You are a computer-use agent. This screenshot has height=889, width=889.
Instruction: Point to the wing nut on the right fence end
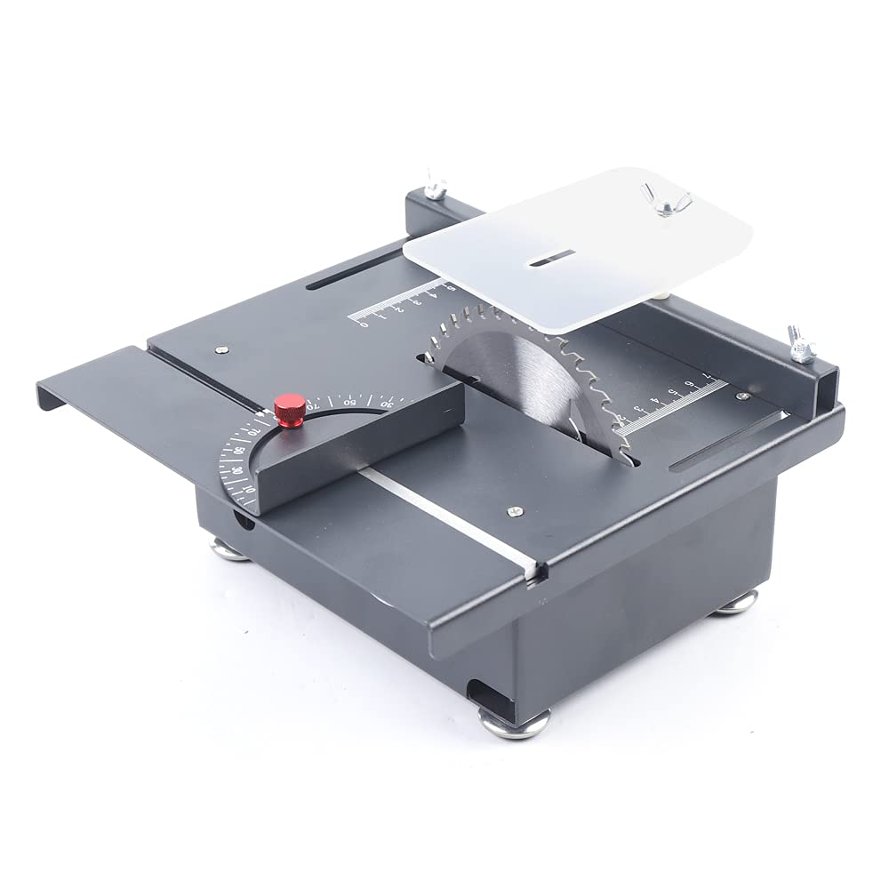pyautogui.click(x=801, y=344)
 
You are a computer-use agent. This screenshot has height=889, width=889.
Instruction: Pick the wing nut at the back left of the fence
pyautogui.click(x=436, y=186)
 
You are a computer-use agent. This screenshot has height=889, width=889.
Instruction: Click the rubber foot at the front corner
pyautogui.click(x=516, y=721)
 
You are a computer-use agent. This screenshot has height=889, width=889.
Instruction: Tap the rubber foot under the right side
pyautogui.click(x=737, y=605)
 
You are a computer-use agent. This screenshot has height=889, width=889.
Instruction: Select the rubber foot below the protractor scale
pyautogui.click(x=230, y=549)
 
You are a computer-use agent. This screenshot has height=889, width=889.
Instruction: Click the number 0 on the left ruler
pyautogui.click(x=364, y=324)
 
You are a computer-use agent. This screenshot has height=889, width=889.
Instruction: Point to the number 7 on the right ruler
pyautogui.click(x=708, y=377)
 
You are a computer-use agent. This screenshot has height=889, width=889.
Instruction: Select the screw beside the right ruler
pyautogui.click(x=742, y=396)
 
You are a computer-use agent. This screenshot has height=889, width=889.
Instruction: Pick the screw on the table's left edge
pyautogui.click(x=222, y=349)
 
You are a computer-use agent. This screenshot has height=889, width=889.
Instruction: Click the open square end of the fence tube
pyautogui.click(x=826, y=388)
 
